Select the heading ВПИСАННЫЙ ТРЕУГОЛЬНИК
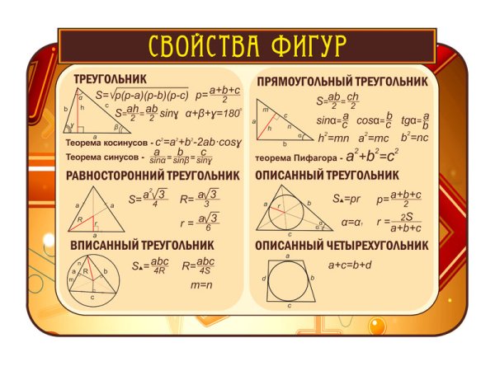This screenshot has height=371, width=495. (143, 246)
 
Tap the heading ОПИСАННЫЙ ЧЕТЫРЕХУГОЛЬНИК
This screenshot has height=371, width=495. (342, 246)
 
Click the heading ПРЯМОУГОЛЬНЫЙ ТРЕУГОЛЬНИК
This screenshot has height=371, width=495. (342, 82)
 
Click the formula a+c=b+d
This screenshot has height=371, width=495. (350, 265)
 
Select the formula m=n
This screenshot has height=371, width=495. (202, 285)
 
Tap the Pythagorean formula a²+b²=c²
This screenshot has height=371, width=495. (372, 155)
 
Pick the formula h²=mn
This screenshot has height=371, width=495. (333, 137)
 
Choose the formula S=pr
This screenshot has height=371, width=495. (347, 199)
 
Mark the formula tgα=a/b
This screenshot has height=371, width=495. (415, 120)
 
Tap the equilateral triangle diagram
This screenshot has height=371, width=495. (93, 207)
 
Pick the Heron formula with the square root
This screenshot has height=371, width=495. (143, 95)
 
